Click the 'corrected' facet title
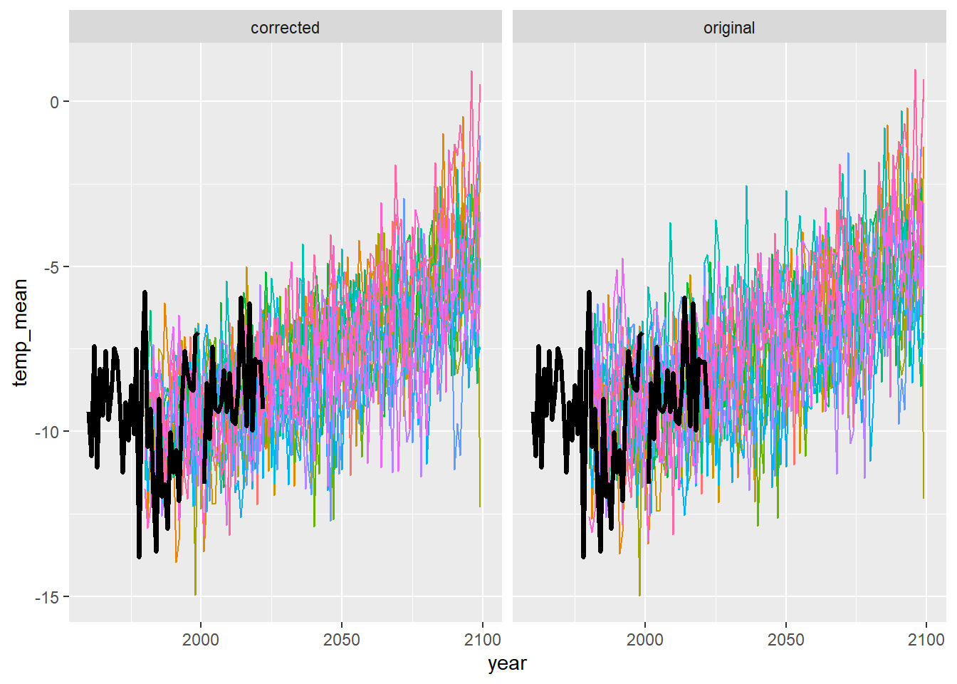click(x=285, y=28)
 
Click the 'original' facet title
click(x=728, y=28)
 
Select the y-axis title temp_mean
click(x=20, y=333)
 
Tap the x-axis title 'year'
click(x=507, y=663)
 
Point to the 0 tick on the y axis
click(x=55, y=102)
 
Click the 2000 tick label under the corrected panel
click(x=200, y=639)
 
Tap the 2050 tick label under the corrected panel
click(x=341, y=639)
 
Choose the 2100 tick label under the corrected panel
click(x=482, y=639)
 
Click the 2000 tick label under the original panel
click(x=644, y=639)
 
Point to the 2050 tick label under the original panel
click(x=785, y=639)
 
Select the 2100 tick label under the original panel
click(x=926, y=639)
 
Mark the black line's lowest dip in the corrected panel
click(x=140, y=556)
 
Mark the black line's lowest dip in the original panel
click(x=584, y=556)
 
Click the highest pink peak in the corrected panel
click(x=471, y=72)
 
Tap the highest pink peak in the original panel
click(x=916, y=71)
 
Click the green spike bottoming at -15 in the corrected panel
click(x=195, y=594)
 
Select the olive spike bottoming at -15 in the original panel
click(x=639, y=594)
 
